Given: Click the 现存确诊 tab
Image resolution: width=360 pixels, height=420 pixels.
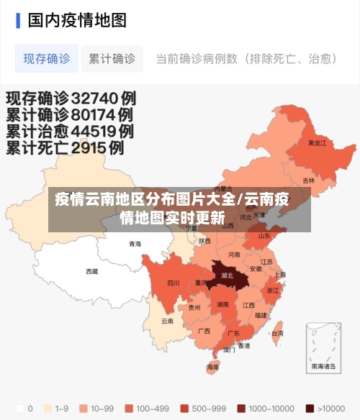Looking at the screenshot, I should tap(47, 58).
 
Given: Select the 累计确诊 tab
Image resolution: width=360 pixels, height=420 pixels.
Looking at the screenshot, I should tap(112, 58).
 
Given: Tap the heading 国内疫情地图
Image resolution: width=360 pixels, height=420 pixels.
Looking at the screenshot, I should tap(77, 20).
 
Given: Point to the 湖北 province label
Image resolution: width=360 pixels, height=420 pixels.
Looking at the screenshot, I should tap(227, 275).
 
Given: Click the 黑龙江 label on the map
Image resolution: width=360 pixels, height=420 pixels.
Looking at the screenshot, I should tap(317, 143).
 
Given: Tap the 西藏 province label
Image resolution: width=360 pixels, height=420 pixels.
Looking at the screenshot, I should tap(92, 271).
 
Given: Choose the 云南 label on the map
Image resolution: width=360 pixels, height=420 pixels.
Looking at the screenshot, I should tap(167, 321).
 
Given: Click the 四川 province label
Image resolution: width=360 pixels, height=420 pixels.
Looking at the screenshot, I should tap(174, 283).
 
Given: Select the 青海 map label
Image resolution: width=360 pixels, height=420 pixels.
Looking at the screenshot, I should tap(135, 245).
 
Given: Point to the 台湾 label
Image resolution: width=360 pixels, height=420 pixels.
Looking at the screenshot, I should tap(277, 334).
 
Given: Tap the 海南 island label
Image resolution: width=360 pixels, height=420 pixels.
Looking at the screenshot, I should tap(213, 367).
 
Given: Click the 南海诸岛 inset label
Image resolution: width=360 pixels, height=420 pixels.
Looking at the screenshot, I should tap(323, 366).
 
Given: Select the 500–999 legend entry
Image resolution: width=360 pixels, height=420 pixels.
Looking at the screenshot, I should tap(189, 408).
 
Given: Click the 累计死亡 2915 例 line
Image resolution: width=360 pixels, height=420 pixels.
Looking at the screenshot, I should tap(65, 148).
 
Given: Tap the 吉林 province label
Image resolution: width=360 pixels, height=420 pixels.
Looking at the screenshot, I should tap(308, 181).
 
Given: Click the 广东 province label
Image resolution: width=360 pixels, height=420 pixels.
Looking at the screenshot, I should tap(233, 334).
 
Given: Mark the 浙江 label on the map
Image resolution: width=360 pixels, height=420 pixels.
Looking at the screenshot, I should tap(273, 291).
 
